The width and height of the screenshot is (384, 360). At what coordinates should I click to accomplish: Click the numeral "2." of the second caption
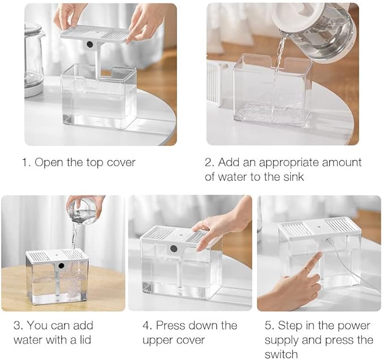(x=209, y=163)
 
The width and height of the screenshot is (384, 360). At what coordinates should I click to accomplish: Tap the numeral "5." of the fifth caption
(x=270, y=326)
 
